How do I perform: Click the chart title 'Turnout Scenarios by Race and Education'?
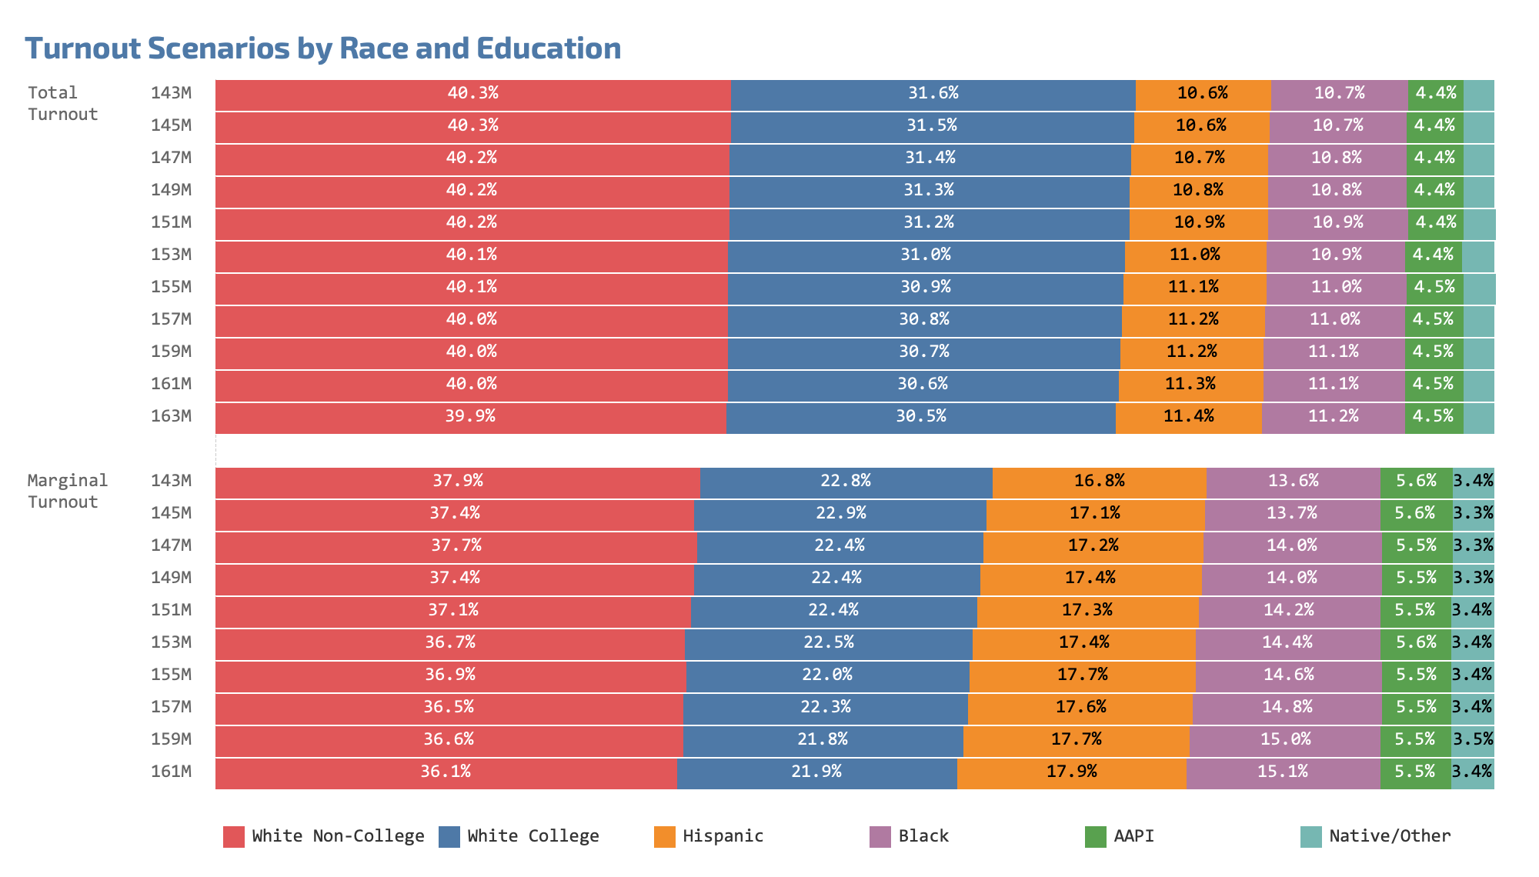(323, 48)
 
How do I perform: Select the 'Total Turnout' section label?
(62, 103)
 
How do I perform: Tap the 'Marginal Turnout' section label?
(68, 491)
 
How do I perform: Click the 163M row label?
(171, 416)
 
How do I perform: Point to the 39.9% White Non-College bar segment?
(470, 417)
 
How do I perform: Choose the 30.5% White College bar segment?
(920, 417)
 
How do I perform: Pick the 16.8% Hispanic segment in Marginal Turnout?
(1099, 482)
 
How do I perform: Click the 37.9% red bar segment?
(457, 482)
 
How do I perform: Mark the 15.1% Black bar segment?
(1283, 772)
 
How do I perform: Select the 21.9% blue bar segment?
(816, 772)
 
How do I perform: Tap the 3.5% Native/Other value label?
(1473, 739)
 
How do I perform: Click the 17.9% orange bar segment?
(1071, 772)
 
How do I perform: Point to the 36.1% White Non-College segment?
(446, 772)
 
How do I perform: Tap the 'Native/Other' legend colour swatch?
(1310, 837)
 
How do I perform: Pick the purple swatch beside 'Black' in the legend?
(880, 837)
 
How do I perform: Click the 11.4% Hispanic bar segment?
(1188, 417)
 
